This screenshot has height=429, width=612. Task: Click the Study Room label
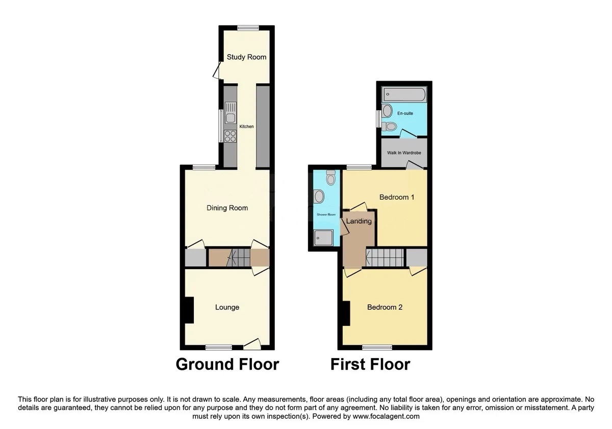[x=246, y=57]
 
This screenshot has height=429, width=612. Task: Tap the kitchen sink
[x=231, y=112]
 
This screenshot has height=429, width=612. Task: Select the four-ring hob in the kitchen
[x=231, y=136]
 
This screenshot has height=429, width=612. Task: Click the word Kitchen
[x=246, y=127]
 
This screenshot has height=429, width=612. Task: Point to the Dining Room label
[x=227, y=208]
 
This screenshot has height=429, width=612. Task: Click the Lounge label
[x=227, y=307]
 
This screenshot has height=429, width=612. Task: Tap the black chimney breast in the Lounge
[x=189, y=310]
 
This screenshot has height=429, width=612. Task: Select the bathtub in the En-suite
[x=404, y=94]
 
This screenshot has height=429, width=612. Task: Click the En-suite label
[x=405, y=113]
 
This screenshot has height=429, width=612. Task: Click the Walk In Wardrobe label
[x=404, y=153]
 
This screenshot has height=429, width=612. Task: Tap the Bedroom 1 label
[x=397, y=197]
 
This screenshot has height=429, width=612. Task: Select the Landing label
[x=359, y=221]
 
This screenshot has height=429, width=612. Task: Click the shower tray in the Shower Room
[x=323, y=237]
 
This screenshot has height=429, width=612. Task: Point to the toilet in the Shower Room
[x=331, y=177]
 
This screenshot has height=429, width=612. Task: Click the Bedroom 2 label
[x=385, y=307]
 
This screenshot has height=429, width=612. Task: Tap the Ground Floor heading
[x=227, y=364]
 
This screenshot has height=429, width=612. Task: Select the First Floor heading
[x=370, y=364]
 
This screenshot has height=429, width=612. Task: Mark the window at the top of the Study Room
[x=248, y=28]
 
